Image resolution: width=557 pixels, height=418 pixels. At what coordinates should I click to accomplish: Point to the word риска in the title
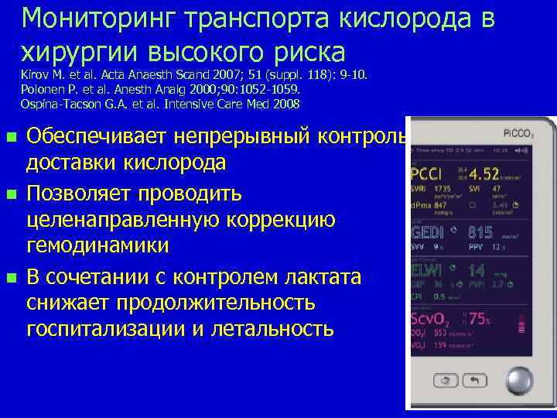(x=302, y=52)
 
